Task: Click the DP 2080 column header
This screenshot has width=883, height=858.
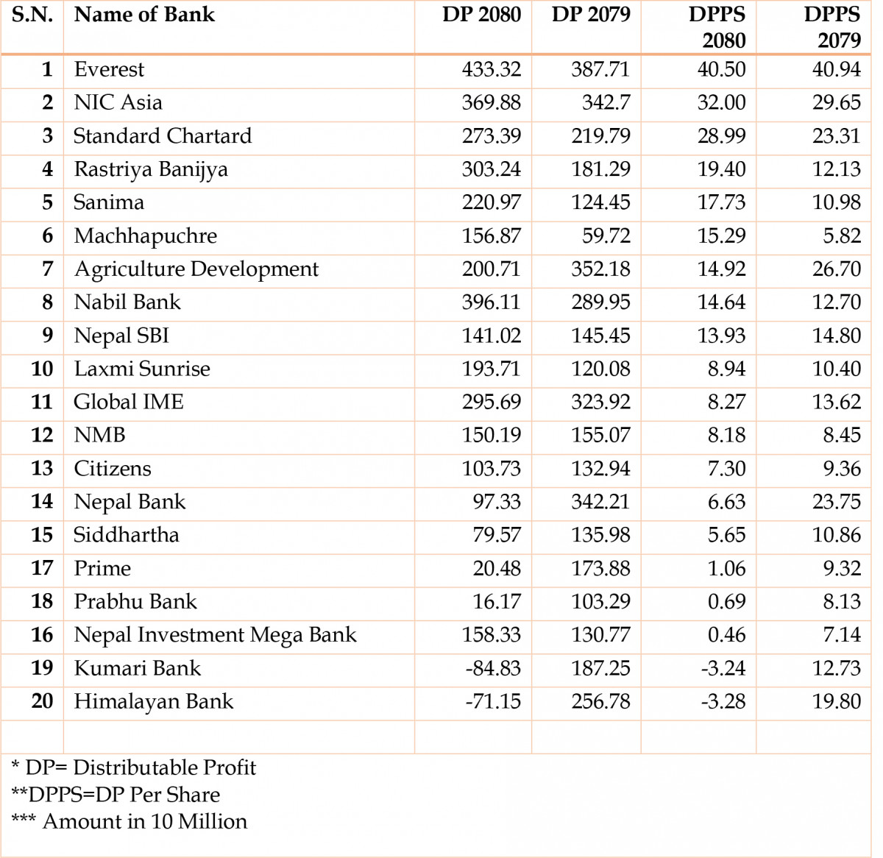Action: coord(481,15)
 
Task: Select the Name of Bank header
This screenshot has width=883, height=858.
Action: coord(144,15)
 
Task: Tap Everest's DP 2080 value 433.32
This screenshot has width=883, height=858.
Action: coord(492,69)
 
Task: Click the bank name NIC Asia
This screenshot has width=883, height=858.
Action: coord(118,102)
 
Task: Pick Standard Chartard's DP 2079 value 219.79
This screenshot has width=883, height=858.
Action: coord(600,135)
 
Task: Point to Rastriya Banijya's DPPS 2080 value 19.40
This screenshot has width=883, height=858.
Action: coord(721,169)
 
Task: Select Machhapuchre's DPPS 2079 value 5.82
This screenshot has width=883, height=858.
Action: coord(842,235)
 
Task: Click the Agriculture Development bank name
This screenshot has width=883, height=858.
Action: coord(196,269)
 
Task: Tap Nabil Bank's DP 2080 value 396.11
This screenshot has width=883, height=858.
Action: coord(492,302)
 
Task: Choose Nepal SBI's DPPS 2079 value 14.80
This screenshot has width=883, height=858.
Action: coord(836,336)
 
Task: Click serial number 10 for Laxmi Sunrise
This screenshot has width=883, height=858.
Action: coord(42,369)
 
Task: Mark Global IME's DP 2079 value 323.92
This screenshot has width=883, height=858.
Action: coord(600,402)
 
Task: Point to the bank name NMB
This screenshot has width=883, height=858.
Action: coord(100,435)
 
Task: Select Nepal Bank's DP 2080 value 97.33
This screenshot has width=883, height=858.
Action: coord(497,502)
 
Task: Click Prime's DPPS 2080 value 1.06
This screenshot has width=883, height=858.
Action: coord(726,568)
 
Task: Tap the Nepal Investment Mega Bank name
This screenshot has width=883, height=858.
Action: coord(216,635)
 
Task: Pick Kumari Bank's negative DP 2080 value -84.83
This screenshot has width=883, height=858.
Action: coord(493,668)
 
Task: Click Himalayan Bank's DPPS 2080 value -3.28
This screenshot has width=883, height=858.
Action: coord(723,701)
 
